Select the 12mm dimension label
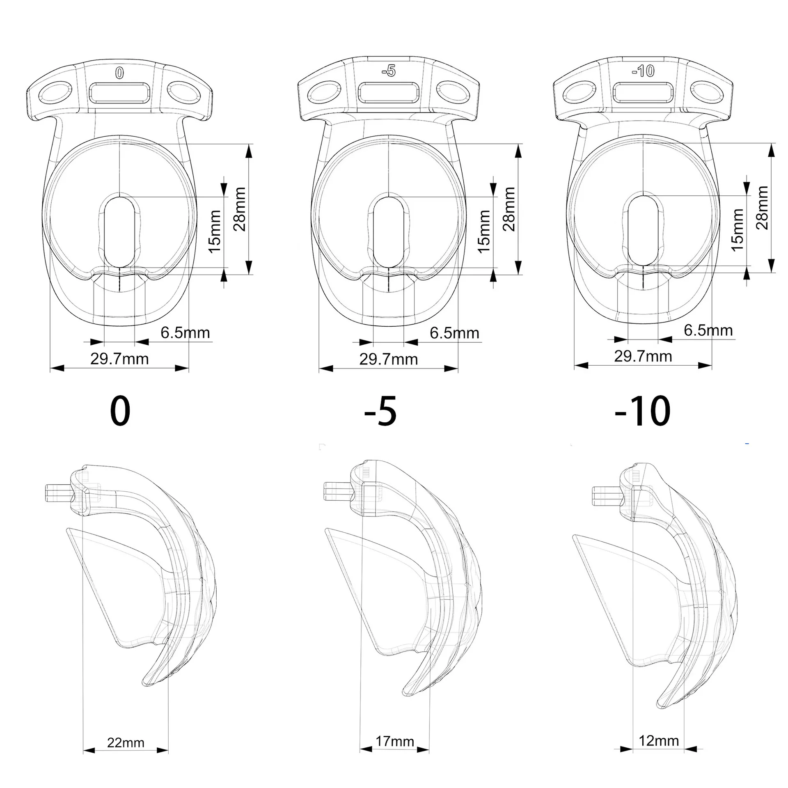659,740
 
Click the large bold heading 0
120,411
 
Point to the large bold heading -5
380,411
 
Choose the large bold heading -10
642,411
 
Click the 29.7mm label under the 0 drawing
119,359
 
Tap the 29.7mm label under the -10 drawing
643,356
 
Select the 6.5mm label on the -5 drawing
454,333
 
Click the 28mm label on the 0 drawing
239,209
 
